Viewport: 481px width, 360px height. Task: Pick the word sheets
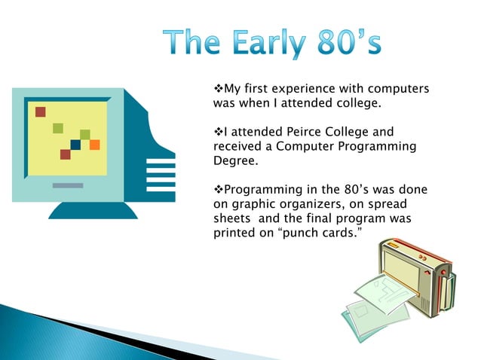(234, 218)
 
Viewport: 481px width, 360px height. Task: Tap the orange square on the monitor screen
(94, 145)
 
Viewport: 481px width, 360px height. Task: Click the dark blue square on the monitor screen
(75, 145)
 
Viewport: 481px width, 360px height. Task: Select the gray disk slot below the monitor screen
(68, 185)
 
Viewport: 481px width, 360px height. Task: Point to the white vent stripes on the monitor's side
(161, 170)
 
